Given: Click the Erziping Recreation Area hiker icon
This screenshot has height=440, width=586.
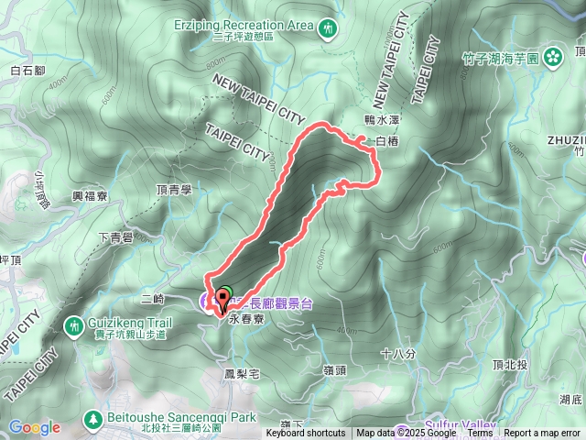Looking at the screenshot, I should coord(329,30).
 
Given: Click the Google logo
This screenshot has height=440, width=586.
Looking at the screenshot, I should coord(35,427).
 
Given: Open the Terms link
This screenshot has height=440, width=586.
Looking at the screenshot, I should coord(479,434).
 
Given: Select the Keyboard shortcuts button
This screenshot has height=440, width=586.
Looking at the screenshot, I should coord(306,434).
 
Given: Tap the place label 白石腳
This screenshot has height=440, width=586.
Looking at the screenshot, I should coord(27,70).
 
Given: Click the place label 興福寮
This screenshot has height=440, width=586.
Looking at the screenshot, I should coord(90,196).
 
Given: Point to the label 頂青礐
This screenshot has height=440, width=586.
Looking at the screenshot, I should coord(173,190).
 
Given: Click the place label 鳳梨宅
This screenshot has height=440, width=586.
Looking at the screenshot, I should coord(243,374).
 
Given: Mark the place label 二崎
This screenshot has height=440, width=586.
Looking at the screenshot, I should coord(153,299).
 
